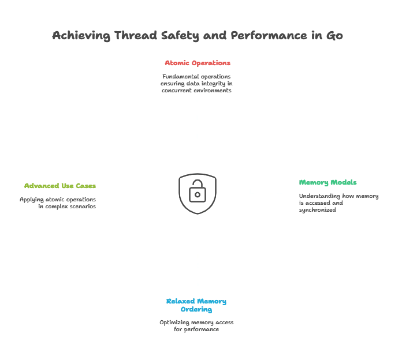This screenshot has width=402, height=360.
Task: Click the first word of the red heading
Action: [178, 63]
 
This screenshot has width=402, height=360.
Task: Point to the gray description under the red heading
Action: [196, 84]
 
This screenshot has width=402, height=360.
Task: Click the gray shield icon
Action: [196, 193]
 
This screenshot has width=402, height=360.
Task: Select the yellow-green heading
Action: [60, 186]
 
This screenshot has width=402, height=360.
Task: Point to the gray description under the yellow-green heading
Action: [58, 202]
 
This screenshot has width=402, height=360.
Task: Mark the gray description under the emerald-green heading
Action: [338, 201]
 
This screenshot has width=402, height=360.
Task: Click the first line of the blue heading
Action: [196, 301]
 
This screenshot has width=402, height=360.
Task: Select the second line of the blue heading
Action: [196, 309]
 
